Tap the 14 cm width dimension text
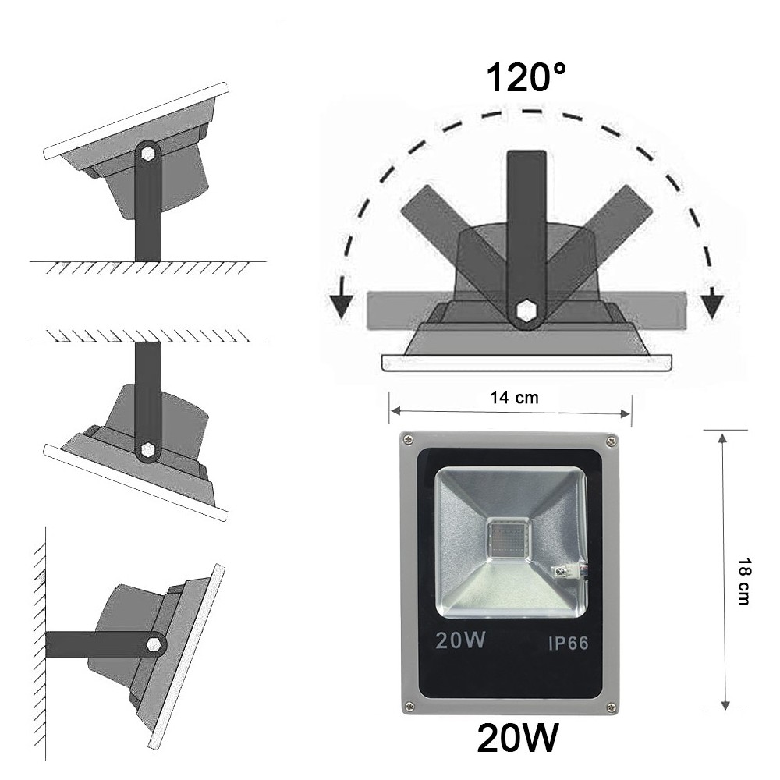pyautogui.click(x=514, y=397)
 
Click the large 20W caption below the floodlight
pyautogui.click(x=518, y=738)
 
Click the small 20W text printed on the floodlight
pyautogui.click(x=461, y=641)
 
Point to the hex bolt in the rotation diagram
pyautogui.click(x=526, y=312)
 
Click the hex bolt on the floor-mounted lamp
pyautogui.click(x=147, y=154)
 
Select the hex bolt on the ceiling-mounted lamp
pyautogui.click(x=147, y=450)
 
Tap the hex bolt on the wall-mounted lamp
pyautogui.click(x=154, y=644)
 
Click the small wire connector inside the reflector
pyautogui.click(x=570, y=570)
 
